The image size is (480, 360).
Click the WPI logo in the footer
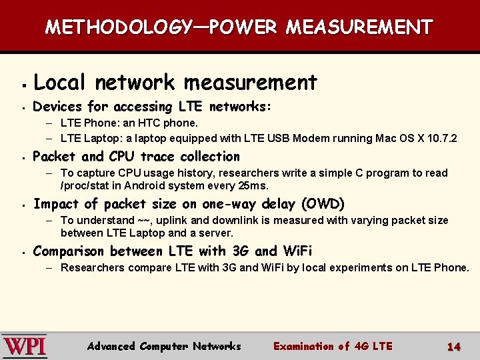point(25,345)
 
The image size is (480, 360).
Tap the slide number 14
point(454,346)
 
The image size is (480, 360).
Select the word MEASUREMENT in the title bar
point(359,27)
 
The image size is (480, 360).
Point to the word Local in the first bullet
point(59,83)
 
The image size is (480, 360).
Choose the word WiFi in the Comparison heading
point(297,251)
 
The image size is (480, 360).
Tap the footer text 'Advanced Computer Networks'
point(164,346)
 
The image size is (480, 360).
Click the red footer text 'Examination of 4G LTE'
point(333,346)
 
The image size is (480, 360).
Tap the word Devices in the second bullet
point(56,107)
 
